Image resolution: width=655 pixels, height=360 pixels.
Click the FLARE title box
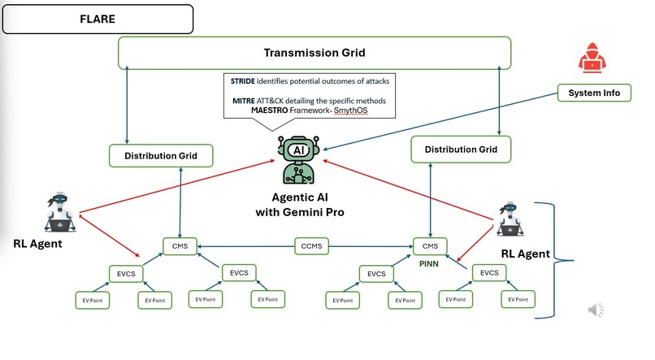coord(98,20)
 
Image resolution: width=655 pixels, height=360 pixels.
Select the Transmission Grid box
coord(314,53)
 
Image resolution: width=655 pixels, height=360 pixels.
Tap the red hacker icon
coord(592,58)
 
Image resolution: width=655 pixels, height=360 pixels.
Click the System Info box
coord(594,93)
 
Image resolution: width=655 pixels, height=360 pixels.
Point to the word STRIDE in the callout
coord(243,81)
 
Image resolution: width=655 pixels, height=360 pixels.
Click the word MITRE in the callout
coord(244,101)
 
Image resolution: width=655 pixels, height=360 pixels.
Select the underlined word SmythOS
coord(351,111)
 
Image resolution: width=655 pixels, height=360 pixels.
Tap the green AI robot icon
coord(299,159)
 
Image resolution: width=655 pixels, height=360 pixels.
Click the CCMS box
coord(311,246)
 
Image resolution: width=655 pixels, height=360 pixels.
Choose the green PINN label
coord(428,264)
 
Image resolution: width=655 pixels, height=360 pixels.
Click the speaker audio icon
coord(596,310)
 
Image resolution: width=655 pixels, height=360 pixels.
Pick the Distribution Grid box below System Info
coord(461,149)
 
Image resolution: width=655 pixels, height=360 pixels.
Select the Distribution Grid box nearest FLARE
coord(161,156)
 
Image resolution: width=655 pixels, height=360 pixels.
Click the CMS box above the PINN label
coord(430,246)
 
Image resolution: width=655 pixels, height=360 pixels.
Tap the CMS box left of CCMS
coord(180,246)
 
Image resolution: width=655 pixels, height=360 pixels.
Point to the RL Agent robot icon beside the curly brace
coord(510,219)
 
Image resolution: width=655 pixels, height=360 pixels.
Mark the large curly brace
coord(554,261)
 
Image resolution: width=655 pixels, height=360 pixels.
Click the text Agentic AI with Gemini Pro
coord(300,205)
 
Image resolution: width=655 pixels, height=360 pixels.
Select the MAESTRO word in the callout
coord(270,111)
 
